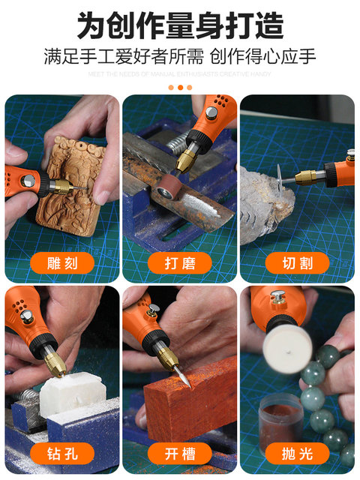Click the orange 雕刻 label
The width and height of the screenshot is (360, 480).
(x=62, y=262)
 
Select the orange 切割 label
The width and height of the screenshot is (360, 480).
(x=297, y=262)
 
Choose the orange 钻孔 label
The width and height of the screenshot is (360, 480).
(x=62, y=453)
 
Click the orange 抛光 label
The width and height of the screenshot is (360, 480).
(x=297, y=453)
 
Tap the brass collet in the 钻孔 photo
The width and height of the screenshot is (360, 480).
(x=55, y=365)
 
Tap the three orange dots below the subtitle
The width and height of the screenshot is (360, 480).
(x=180, y=87)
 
